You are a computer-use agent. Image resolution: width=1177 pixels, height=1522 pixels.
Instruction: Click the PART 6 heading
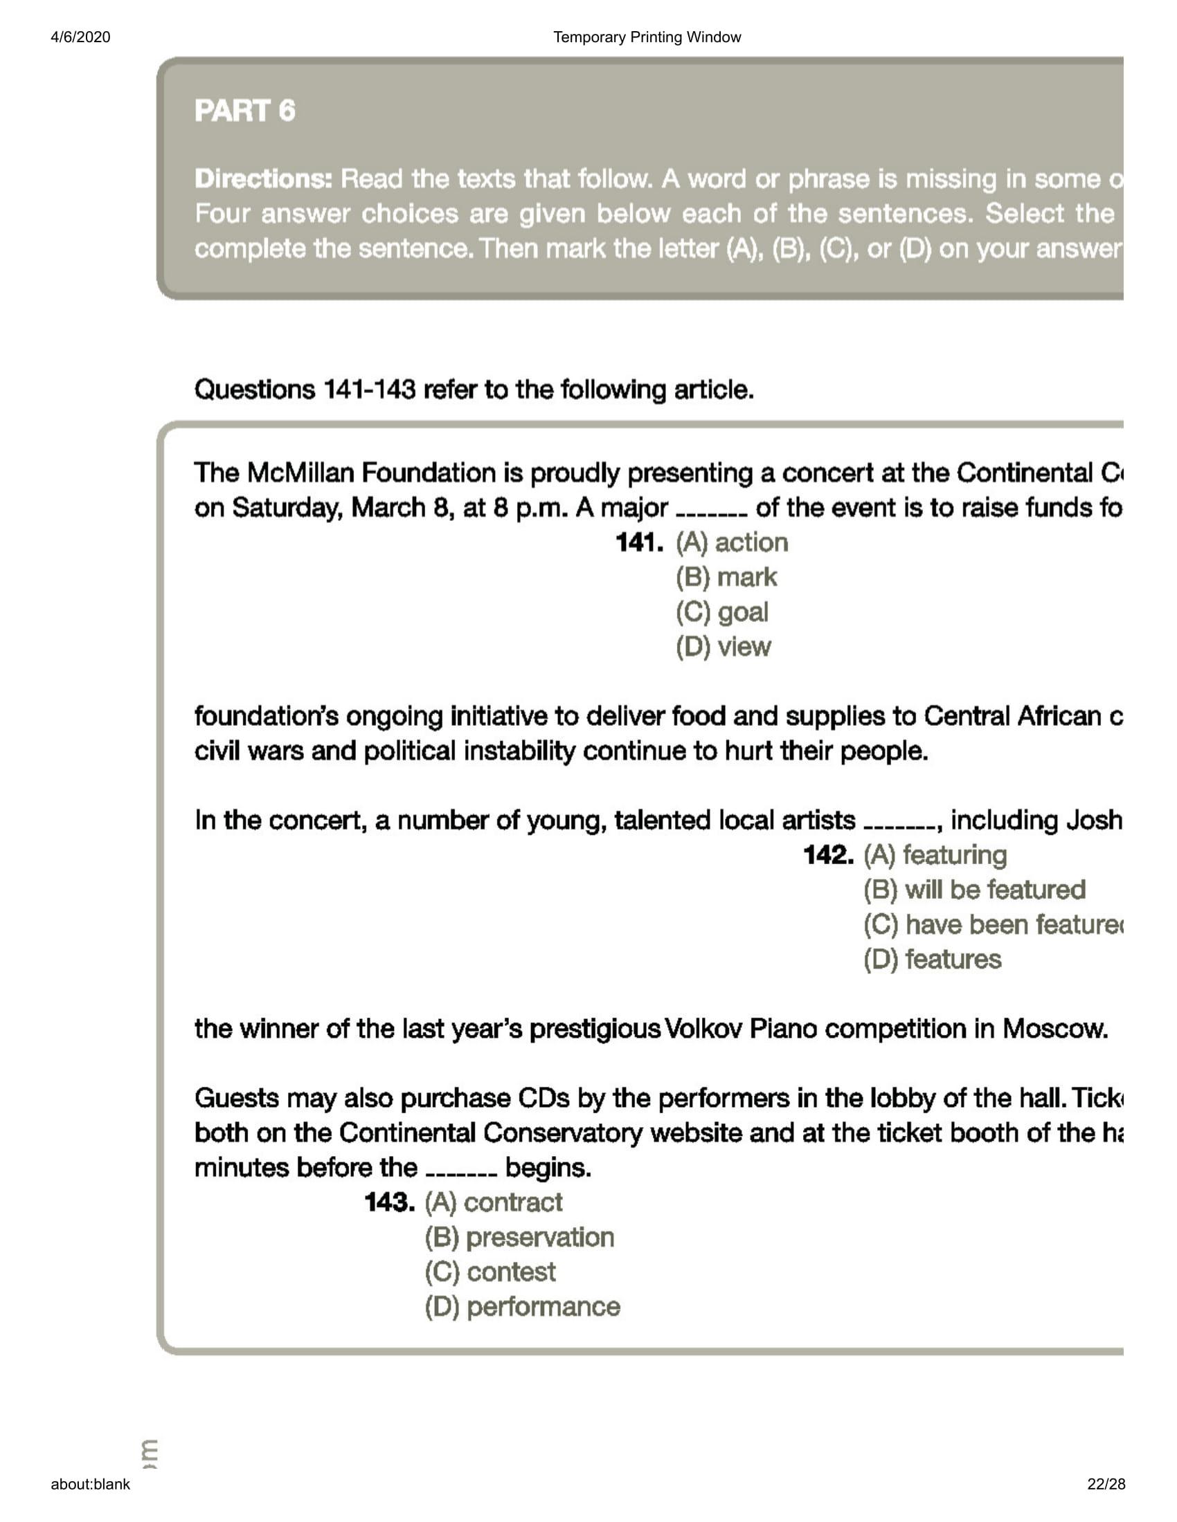click(x=244, y=111)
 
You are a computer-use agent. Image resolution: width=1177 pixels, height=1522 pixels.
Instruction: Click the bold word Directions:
click(x=264, y=179)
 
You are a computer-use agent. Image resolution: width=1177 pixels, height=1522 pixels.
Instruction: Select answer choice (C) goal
click(x=721, y=612)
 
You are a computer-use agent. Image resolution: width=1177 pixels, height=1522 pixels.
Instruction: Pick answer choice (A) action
click(x=731, y=542)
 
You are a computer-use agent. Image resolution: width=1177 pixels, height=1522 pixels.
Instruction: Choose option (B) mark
click(x=726, y=577)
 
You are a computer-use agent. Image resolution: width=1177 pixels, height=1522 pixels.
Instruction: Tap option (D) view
click(x=723, y=647)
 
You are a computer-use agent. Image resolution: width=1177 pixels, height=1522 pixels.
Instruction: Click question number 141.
click(x=639, y=542)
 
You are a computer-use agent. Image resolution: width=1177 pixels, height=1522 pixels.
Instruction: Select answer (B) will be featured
click(x=974, y=890)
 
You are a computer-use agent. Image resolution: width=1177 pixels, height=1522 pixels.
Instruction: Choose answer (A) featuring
click(x=935, y=855)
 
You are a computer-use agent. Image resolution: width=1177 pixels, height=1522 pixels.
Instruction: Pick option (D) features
click(x=933, y=960)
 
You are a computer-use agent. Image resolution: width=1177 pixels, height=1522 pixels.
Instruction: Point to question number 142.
click(x=827, y=855)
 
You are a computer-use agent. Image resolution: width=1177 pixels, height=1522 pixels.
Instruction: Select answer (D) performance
click(x=522, y=1307)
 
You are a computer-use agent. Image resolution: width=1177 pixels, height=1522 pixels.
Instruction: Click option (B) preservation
click(x=519, y=1237)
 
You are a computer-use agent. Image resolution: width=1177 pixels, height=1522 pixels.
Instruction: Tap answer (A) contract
click(x=493, y=1202)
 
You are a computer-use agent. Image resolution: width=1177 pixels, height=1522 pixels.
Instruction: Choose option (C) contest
click(x=490, y=1272)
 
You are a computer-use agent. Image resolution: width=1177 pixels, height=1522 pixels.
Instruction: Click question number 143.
click(x=389, y=1202)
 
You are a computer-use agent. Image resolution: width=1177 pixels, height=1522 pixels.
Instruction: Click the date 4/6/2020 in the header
click(x=80, y=37)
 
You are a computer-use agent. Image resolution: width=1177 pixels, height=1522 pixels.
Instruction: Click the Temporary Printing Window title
click(x=647, y=37)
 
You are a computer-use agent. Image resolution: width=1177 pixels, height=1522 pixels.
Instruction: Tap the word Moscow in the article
click(x=1054, y=1029)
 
